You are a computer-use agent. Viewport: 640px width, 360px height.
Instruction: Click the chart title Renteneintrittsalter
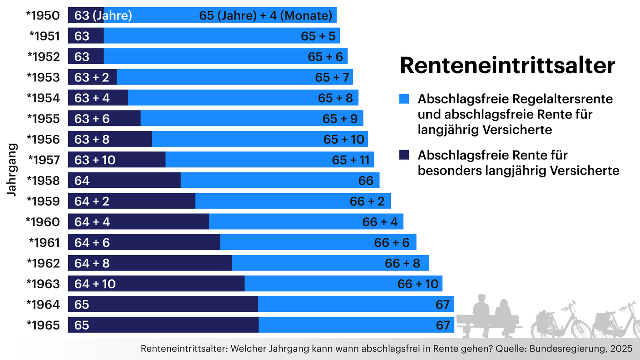coord(507,66)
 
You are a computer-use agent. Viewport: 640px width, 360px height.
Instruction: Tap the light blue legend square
coord(404,99)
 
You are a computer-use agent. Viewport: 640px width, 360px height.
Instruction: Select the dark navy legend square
coord(404,155)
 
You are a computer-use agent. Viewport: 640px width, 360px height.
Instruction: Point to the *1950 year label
coord(43,15)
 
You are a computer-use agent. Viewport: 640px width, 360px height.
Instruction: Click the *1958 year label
coord(43,180)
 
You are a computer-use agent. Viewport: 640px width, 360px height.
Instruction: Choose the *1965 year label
coord(43,325)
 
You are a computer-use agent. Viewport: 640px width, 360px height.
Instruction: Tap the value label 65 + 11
coord(350,160)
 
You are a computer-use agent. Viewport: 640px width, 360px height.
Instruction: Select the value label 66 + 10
coord(418,284)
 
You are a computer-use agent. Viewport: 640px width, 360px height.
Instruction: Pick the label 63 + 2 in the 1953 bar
coord(92,77)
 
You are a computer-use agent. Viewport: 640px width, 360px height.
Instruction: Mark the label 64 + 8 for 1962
coord(92,263)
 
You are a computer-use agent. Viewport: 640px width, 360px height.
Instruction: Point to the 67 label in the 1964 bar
coord(443,304)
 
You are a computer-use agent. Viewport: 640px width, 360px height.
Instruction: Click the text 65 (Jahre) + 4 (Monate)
coord(265,15)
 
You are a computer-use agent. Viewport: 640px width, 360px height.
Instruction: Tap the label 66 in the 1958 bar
coord(366,180)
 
